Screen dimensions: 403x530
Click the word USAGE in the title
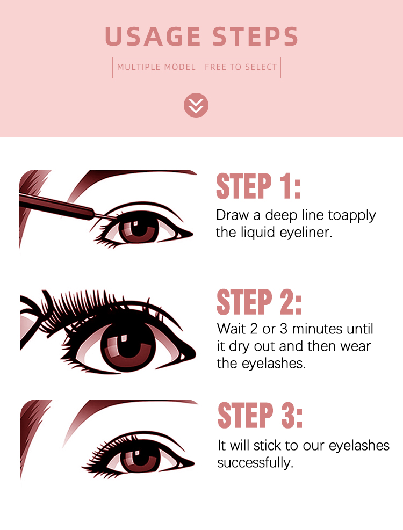coord(153,36)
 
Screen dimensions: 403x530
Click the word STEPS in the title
coord(255,36)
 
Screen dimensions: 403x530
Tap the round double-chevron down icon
coord(196,105)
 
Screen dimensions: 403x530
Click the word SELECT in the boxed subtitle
coord(261,67)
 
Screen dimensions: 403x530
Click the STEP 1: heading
coord(258,186)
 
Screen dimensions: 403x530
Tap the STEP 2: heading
coord(259,302)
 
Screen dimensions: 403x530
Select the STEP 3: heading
coord(260,416)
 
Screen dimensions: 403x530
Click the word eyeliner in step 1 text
coord(306,232)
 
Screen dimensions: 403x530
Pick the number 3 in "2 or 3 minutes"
coord(284,329)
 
